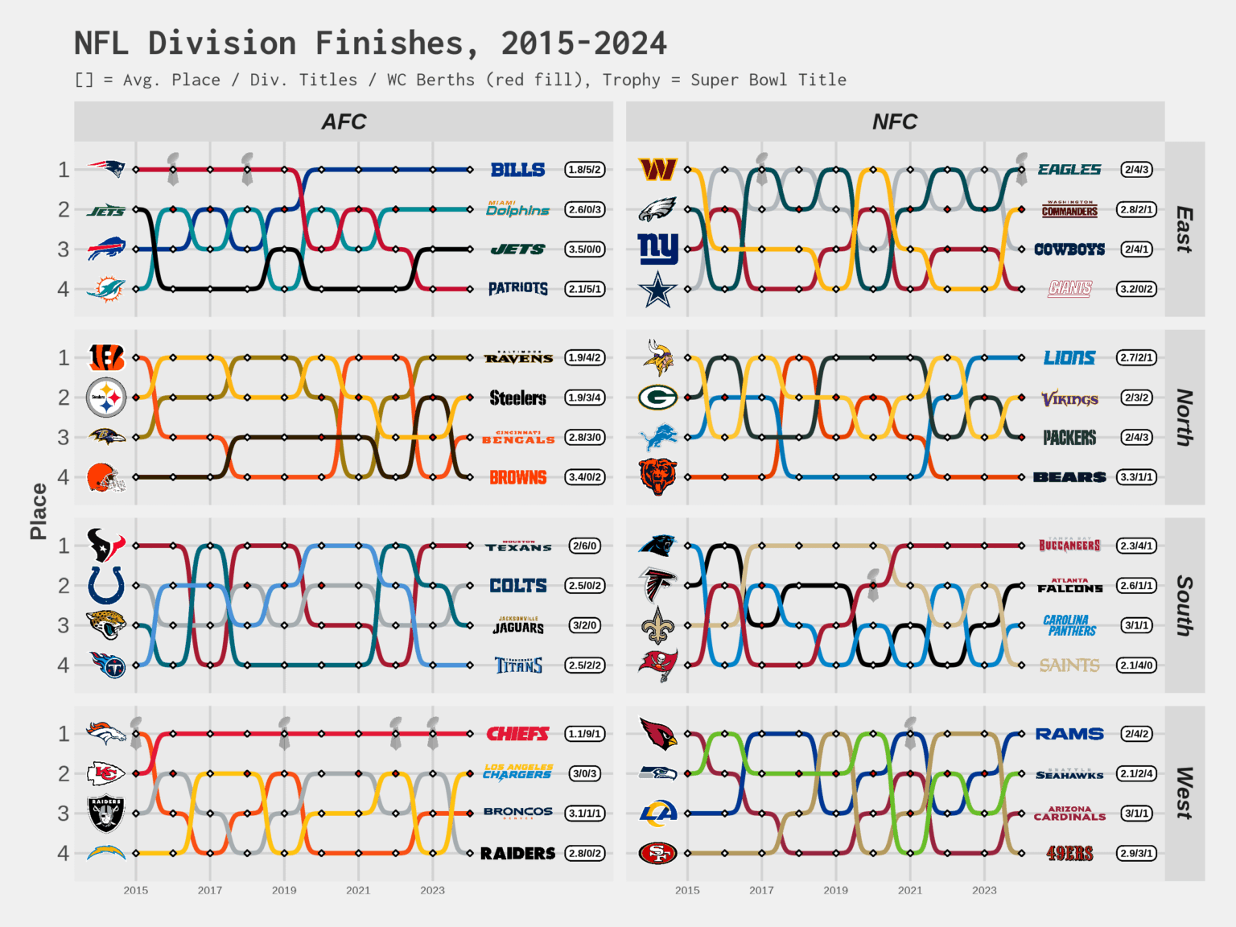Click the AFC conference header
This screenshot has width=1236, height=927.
(344, 122)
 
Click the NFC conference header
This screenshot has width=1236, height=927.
(895, 122)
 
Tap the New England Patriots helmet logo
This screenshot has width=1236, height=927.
(106, 169)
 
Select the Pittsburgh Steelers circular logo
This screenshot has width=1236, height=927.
(106, 398)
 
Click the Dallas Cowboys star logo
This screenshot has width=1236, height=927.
(657, 289)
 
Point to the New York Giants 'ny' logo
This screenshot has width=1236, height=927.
(657, 249)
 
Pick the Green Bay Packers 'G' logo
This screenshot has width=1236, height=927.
(657, 398)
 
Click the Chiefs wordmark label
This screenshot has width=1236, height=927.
(517, 734)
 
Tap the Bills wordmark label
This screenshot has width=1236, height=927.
(517, 170)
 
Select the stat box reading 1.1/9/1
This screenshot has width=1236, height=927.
(585, 734)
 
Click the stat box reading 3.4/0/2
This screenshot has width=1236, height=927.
(585, 477)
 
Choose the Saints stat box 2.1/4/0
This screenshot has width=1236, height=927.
(1136, 665)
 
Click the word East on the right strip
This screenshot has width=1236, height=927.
(1184, 229)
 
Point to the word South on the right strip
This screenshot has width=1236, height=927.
(1184, 605)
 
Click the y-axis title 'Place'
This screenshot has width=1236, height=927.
(38, 511)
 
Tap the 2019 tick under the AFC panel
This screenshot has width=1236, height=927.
(284, 890)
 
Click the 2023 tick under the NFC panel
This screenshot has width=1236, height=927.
(984, 890)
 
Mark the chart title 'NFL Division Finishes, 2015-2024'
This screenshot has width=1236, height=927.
(370, 43)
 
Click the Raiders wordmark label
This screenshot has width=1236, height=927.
(517, 854)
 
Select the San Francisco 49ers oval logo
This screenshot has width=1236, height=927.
(657, 853)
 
